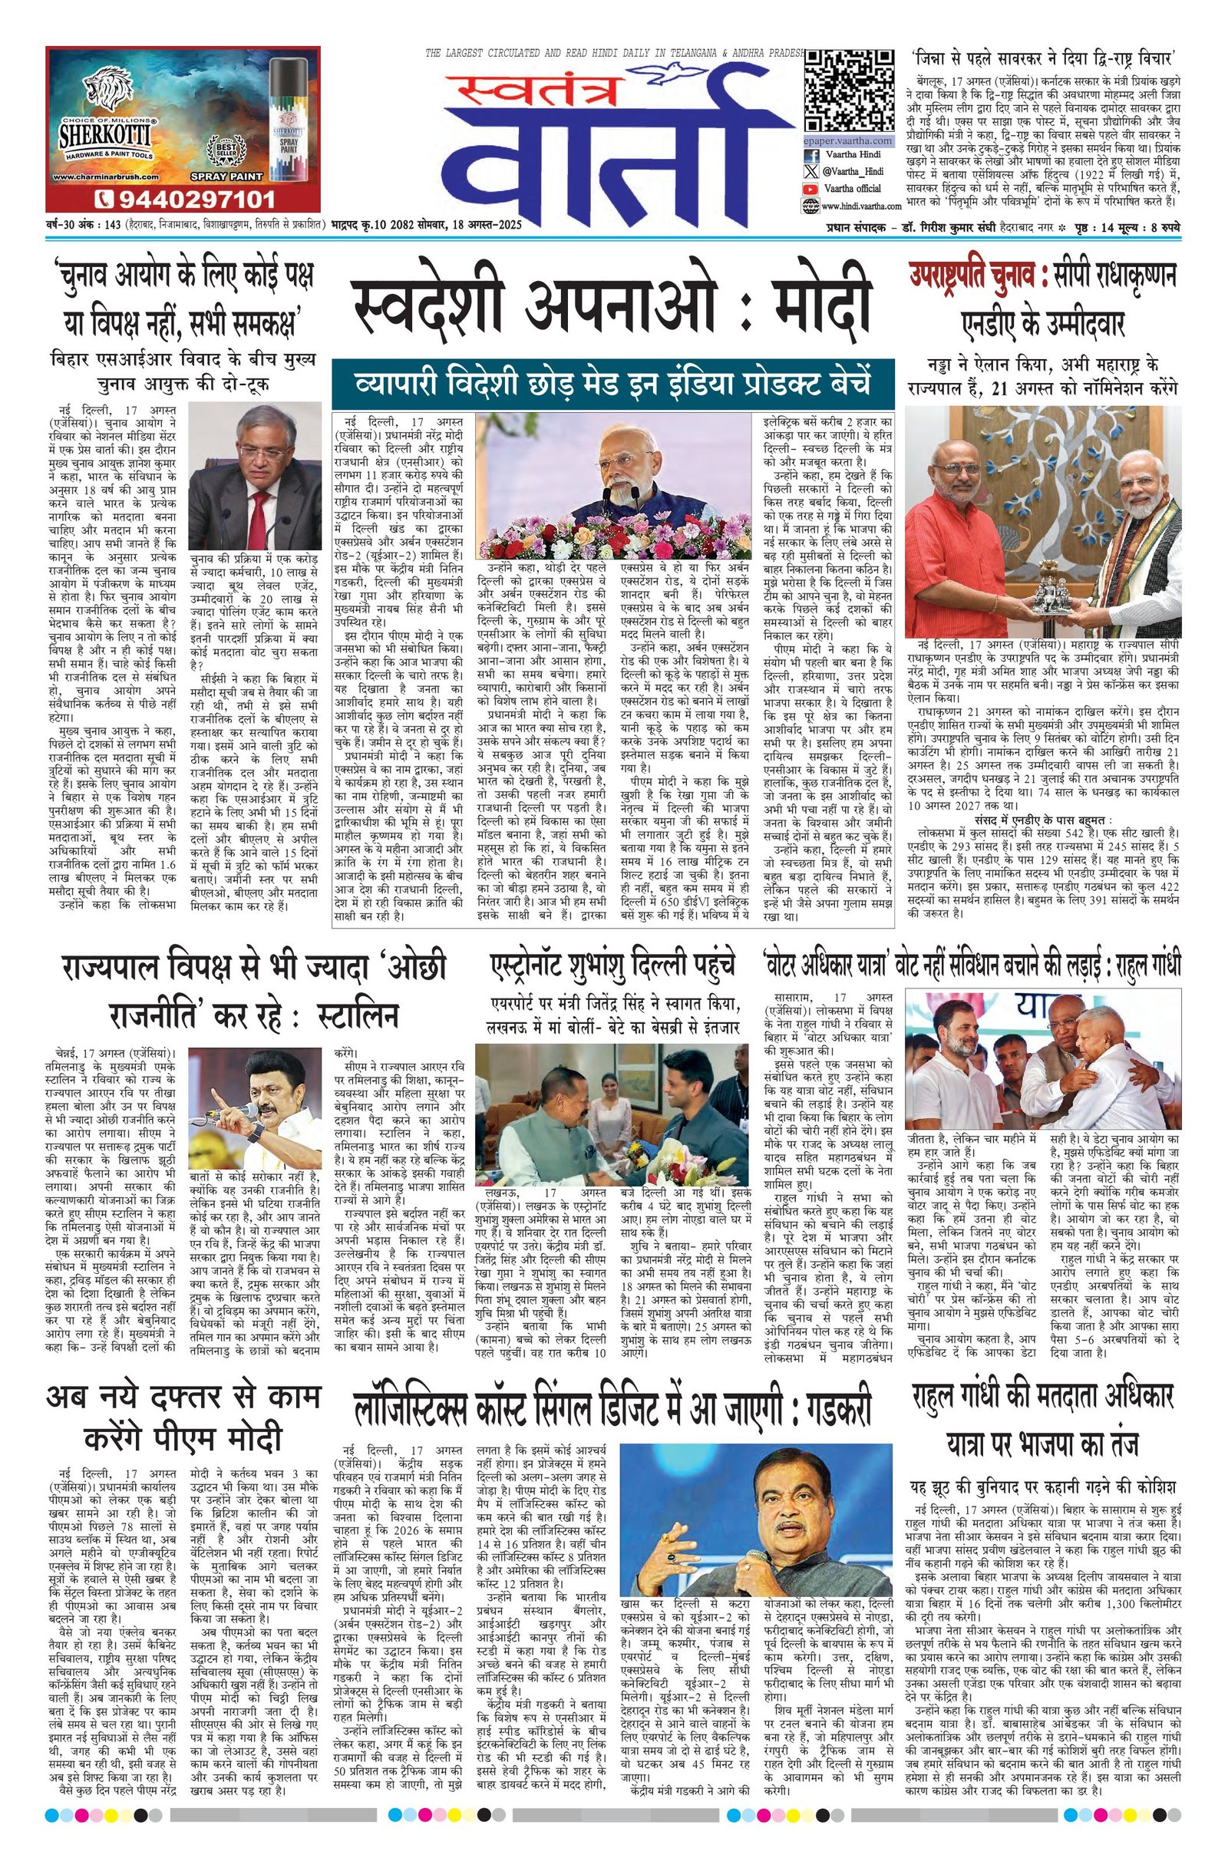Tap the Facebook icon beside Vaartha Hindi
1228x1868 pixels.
(809, 155)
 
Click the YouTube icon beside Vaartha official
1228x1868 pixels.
(809, 188)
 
